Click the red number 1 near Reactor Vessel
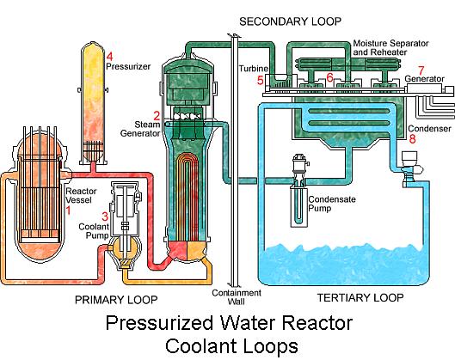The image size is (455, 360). [x=68, y=211]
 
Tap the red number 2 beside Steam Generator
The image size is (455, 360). [x=157, y=116]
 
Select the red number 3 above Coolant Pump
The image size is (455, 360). [x=105, y=217]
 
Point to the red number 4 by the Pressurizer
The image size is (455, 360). [x=109, y=57]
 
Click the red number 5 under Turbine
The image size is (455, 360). [x=261, y=80]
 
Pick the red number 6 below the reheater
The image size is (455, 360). [x=329, y=77]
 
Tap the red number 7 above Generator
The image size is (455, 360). [x=421, y=70]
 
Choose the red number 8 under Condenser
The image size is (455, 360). [x=412, y=138]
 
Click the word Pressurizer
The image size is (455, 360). [x=128, y=66]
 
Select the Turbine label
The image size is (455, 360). [x=253, y=69]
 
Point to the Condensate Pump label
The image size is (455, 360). [x=332, y=204]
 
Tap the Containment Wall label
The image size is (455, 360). [x=237, y=297]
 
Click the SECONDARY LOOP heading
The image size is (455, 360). [x=290, y=21]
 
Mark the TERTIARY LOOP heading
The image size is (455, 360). [x=360, y=297]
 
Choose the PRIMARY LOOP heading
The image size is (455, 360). [x=116, y=300]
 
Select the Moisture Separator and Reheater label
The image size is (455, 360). [x=390, y=48]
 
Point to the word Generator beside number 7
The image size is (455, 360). [x=425, y=79]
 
